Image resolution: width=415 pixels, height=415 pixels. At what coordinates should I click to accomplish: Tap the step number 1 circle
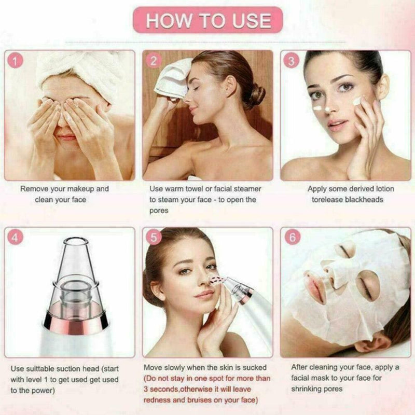(17, 61)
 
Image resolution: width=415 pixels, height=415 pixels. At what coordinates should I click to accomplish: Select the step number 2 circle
(154, 61)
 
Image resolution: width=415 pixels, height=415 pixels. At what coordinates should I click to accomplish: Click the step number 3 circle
(292, 61)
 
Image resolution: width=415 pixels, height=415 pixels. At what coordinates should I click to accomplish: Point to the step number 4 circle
(17, 238)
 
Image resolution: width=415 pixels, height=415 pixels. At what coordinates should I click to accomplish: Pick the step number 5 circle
(154, 238)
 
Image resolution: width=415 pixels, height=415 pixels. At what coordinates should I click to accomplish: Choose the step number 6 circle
(293, 238)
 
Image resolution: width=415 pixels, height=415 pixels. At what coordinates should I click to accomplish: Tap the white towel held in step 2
(174, 78)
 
